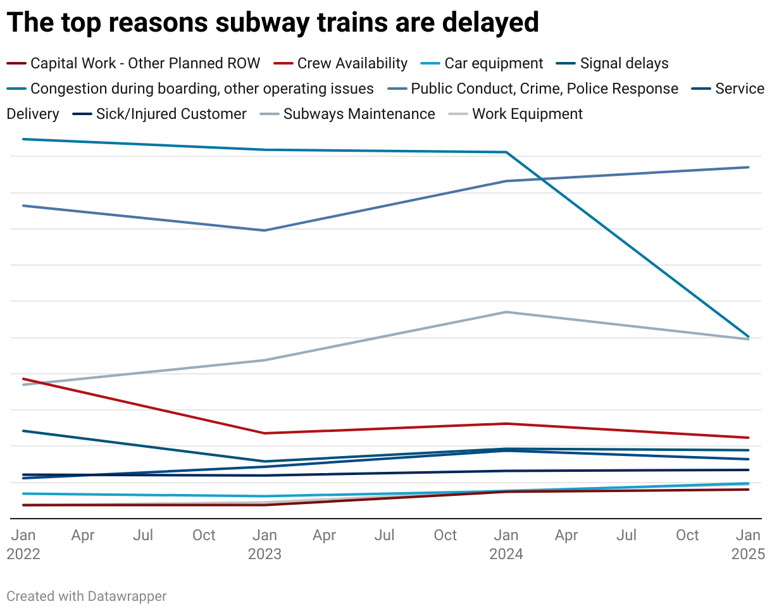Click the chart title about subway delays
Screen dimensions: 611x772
click(273, 23)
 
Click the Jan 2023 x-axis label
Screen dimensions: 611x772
click(265, 544)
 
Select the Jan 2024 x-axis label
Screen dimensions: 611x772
click(506, 544)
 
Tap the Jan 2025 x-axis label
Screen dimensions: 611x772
click(748, 544)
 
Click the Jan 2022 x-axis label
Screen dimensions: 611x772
click(23, 544)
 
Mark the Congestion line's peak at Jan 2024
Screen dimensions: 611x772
click(506, 152)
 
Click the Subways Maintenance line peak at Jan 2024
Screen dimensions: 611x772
click(506, 312)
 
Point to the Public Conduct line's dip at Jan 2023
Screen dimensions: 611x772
click(265, 230)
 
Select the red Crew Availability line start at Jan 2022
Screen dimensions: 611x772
click(23, 379)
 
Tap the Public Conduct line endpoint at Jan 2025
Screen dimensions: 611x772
click(749, 167)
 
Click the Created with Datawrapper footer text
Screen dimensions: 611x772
click(87, 596)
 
